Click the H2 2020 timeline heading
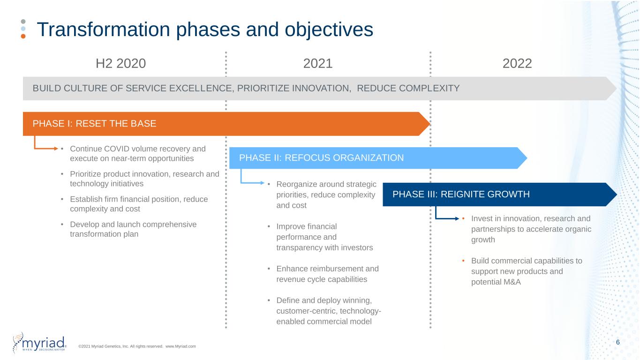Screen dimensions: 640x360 [x=120, y=63]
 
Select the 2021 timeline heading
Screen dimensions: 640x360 [x=318, y=63]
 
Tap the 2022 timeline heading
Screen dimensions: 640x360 [x=517, y=63]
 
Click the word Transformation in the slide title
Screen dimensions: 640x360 [x=104, y=30]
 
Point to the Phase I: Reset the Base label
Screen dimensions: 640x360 [x=94, y=123]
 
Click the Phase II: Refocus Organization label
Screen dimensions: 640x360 [x=322, y=157]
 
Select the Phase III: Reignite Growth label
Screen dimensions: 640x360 [x=461, y=194]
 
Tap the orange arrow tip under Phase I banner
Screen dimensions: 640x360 [x=57, y=149]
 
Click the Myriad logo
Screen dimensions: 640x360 [x=40, y=342]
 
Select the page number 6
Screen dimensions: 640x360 [x=617, y=342]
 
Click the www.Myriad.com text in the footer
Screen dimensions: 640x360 [x=181, y=346]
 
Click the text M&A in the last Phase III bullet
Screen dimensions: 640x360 [x=512, y=282]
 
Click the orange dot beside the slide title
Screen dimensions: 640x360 [x=23, y=36]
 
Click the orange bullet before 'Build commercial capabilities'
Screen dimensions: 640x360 [x=463, y=261]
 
